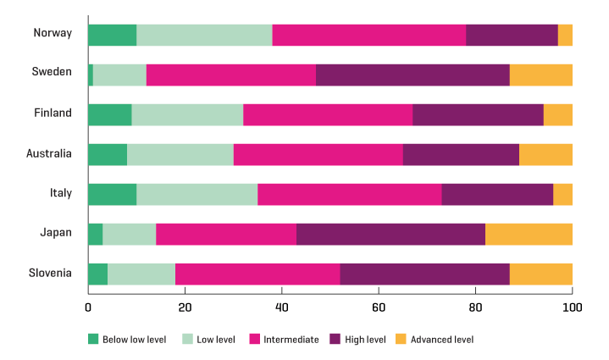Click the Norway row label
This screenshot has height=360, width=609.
click(53, 34)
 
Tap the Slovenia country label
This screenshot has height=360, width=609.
click(50, 274)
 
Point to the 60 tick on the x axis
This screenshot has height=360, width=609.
click(379, 308)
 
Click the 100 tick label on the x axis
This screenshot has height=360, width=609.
click(572, 308)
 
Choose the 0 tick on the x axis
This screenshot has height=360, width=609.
click(88, 308)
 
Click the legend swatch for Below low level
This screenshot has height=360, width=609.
click(93, 340)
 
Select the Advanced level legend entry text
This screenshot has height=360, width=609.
click(441, 340)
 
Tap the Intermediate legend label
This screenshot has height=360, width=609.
click(291, 340)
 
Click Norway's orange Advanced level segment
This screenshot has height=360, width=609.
click(565, 35)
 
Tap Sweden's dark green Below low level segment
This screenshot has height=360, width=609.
click(91, 75)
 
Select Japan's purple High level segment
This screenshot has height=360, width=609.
click(390, 234)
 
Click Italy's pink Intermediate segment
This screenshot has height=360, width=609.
click(350, 194)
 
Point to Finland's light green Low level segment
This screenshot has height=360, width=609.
click(187, 114)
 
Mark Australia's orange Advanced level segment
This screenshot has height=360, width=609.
click(545, 154)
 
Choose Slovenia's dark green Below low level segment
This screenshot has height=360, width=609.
click(97, 274)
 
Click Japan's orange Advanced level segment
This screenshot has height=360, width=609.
click(529, 234)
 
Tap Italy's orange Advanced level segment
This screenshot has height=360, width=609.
click(562, 194)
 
